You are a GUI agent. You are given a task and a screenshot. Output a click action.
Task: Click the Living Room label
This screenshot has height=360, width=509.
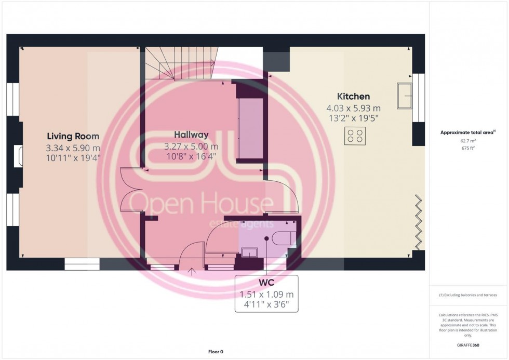point(73,136)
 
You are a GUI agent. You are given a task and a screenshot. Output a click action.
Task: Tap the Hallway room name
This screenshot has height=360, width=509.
point(191,135)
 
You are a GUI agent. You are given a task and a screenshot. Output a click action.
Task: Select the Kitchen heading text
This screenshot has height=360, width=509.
point(354,97)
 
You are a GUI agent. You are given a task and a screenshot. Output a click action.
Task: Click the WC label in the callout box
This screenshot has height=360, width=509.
point(266,282)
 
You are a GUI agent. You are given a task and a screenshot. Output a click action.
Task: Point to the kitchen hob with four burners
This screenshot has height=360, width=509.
point(355,136)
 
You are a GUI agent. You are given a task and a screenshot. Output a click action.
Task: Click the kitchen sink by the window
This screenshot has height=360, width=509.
point(405,96)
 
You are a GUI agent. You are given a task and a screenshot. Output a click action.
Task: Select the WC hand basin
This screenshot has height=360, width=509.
point(249,252)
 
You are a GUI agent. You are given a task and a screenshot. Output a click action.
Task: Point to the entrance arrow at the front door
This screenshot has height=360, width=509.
point(192,271)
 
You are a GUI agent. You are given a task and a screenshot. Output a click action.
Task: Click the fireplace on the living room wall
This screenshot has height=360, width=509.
point(19,156)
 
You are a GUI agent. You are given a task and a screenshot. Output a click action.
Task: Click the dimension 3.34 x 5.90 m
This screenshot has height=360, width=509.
point(73,148)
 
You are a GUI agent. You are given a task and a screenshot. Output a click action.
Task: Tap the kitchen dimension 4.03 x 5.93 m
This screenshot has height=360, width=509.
point(354,108)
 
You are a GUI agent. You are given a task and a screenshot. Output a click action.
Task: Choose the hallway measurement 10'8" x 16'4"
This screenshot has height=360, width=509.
point(191,156)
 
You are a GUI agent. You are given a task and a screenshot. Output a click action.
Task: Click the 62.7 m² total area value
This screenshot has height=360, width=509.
point(468,141)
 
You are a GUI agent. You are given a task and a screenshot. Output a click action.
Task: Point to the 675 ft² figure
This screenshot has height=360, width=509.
point(468,148)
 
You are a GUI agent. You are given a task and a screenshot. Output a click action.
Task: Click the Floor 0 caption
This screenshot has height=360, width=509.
point(216,352)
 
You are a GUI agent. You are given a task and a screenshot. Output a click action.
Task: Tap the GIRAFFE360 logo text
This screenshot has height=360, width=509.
point(468,345)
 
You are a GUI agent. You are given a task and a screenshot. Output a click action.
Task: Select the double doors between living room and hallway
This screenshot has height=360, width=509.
point(131,190)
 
